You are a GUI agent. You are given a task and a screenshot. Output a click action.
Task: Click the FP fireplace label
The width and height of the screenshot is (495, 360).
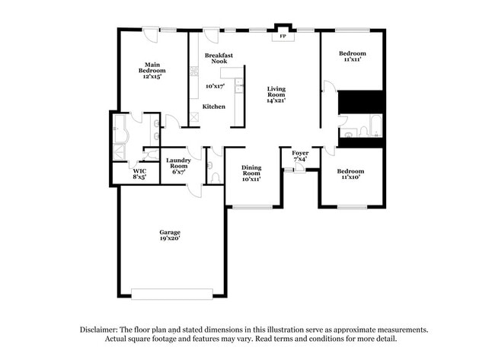click(x=283, y=36)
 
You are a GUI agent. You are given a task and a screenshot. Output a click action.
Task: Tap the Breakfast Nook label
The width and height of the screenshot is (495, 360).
click(x=219, y=59)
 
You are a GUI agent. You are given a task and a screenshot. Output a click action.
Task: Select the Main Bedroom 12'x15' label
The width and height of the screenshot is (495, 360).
click(x=152, y=70)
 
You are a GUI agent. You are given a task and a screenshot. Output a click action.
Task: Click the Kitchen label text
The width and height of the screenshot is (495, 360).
click(x=213, y=107)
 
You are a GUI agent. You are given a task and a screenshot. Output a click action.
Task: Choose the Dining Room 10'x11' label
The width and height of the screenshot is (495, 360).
click(x=251, y=173)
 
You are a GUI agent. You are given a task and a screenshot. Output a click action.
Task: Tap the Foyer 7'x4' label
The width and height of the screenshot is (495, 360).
click(x=299, y=156)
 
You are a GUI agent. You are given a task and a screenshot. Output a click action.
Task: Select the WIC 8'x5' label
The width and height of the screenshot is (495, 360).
click(x=139, y=174)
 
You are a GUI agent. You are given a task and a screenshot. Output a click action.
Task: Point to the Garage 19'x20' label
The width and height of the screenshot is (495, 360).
click(x=169, y=235)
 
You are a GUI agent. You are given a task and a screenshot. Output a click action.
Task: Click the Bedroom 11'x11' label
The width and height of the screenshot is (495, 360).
click(x=353, y=56)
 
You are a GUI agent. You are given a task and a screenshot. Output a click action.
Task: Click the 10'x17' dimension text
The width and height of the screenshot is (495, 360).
click(x=216, y=86)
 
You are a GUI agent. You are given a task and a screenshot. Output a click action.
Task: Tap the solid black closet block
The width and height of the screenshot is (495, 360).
click(x=360, y=102)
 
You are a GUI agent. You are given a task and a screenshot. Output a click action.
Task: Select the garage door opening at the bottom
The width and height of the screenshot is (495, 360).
click(x=171, y=293)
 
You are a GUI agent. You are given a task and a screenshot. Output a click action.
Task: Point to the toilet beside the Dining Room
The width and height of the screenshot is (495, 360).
click(x=216, y=176)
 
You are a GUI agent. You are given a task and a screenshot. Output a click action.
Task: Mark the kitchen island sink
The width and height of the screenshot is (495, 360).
click(x=239, y=85)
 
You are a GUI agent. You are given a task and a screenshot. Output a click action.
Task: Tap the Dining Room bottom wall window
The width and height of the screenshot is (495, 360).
click(x=252, y=206)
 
